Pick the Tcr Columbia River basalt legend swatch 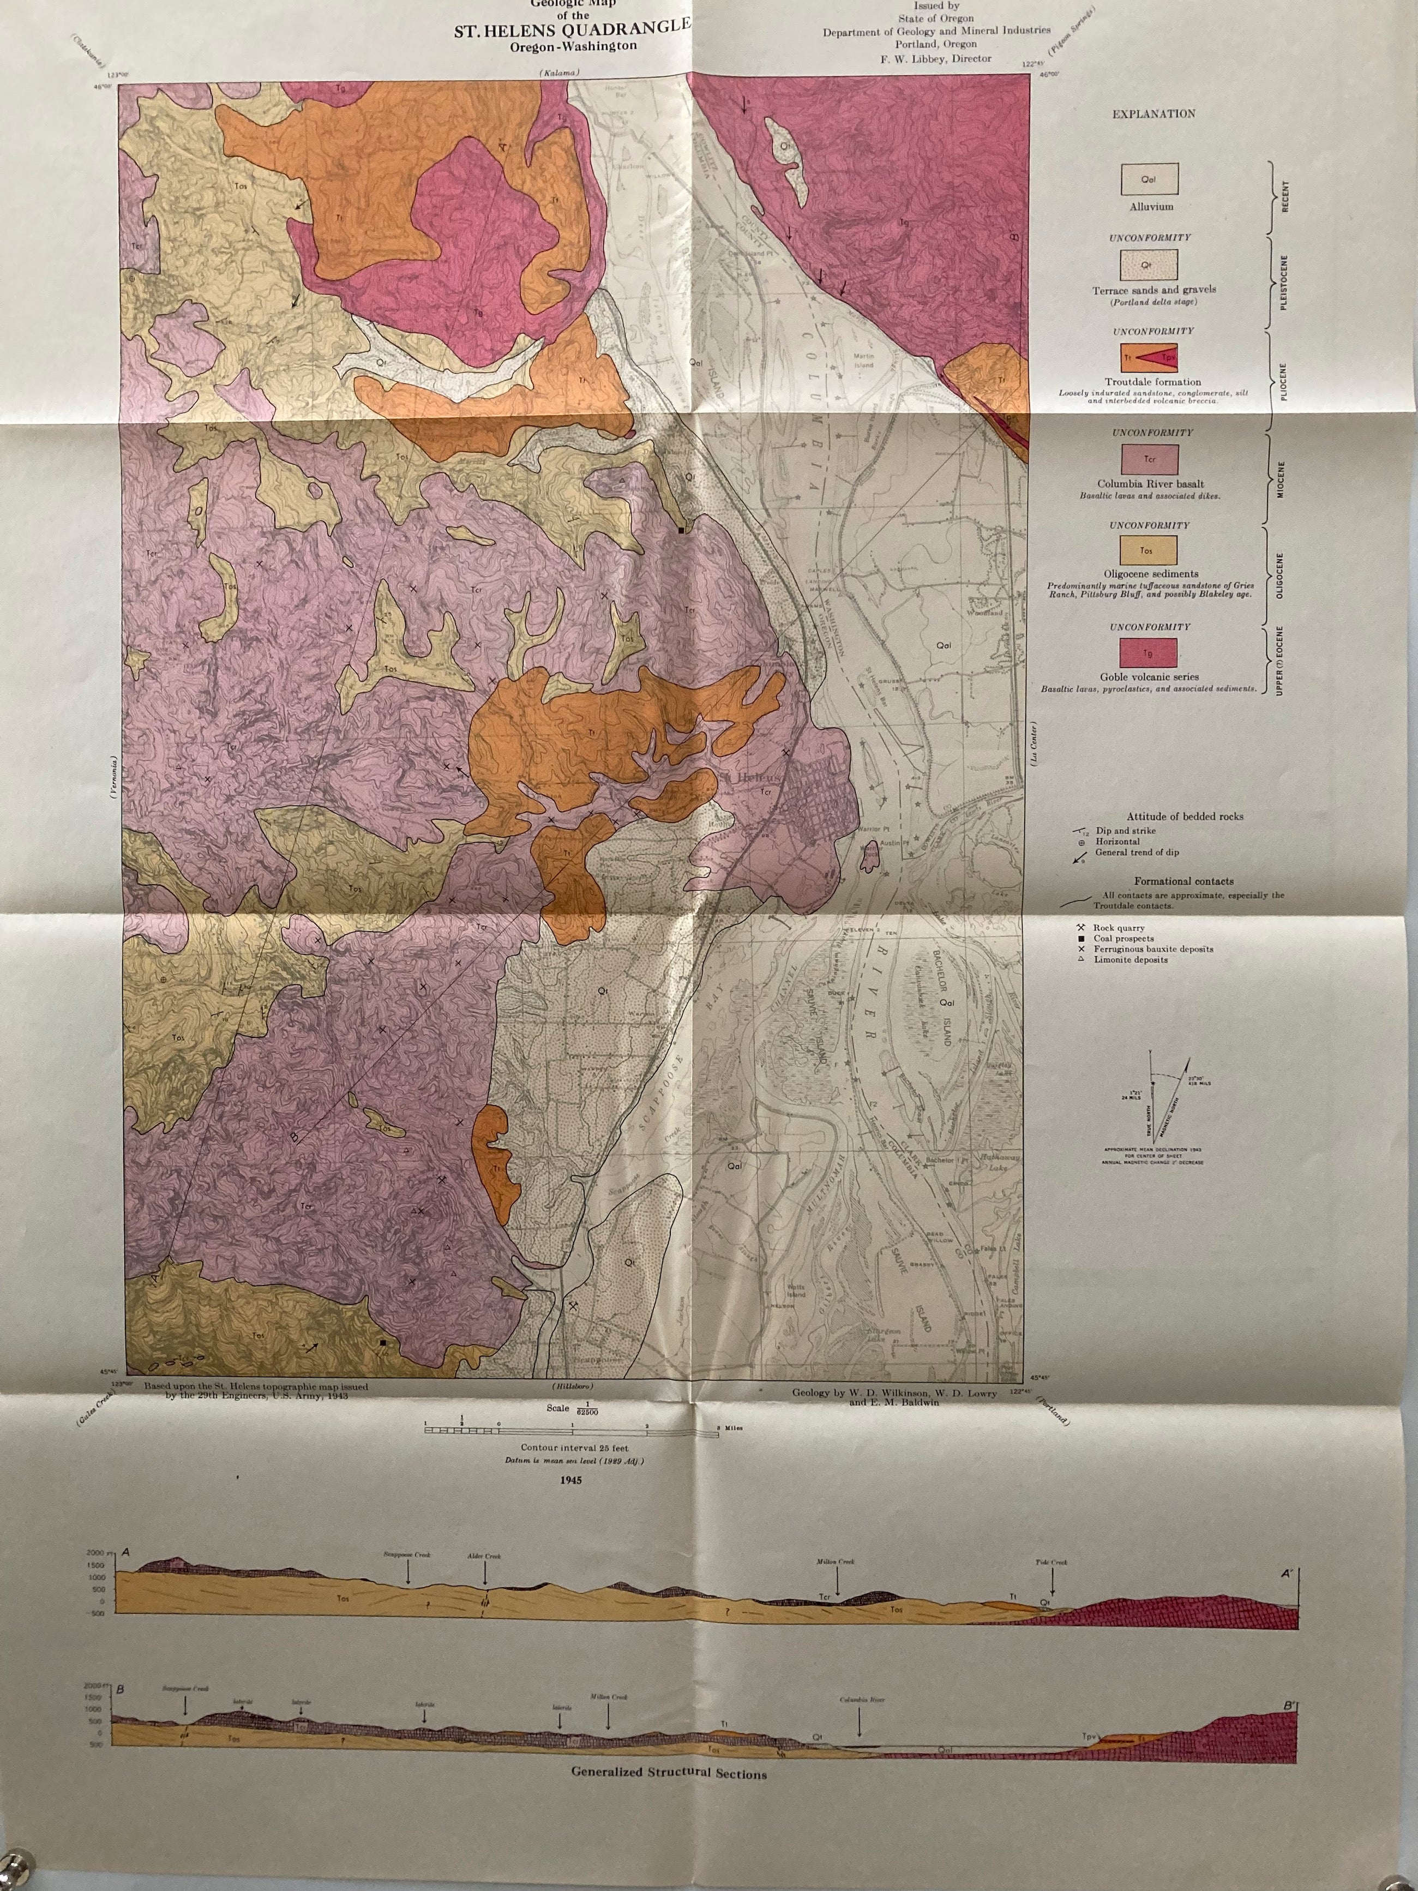coord(1150,459)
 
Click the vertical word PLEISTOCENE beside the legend coord(1285,285)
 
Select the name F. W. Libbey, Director coord(936,58)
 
